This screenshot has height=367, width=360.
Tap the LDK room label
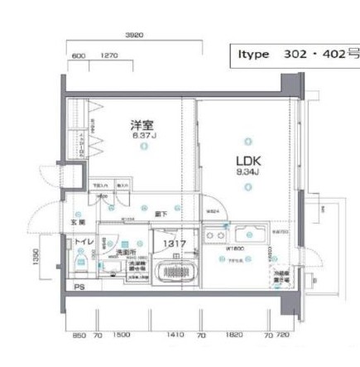click(247, 160)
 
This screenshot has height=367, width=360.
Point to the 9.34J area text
click(247, 172)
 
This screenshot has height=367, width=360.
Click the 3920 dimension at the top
click(134, 36)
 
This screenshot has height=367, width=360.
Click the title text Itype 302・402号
click(293, 54)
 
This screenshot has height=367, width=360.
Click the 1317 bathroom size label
click(174, 244)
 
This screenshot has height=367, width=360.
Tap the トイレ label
click(84, 241)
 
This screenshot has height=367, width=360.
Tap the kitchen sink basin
click(248, 234)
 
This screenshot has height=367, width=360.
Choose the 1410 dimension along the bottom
click(175, 336)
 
